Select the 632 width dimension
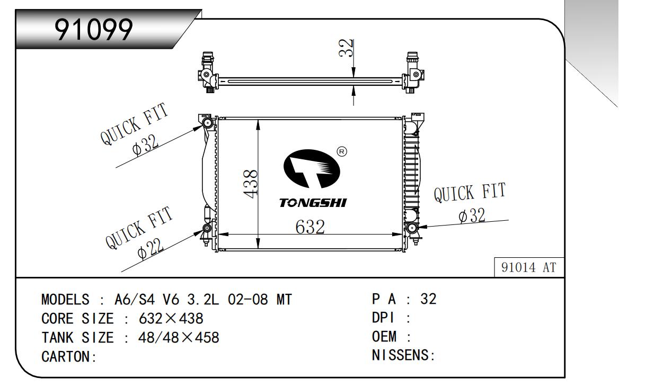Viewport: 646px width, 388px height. coord(310,227)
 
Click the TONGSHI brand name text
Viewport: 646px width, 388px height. coord(313,203)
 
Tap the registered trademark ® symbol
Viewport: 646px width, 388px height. coord(342,152)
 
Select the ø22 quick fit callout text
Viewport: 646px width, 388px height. coord(149,249)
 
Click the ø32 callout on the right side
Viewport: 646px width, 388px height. coord(472,215)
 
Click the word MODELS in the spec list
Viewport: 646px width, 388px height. coord(65,300)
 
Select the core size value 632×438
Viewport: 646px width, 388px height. coord(171,319)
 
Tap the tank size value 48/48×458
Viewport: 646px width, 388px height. coord(179,338)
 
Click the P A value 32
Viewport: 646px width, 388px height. coord(428,299)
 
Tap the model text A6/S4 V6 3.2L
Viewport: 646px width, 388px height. coord(167,300)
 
